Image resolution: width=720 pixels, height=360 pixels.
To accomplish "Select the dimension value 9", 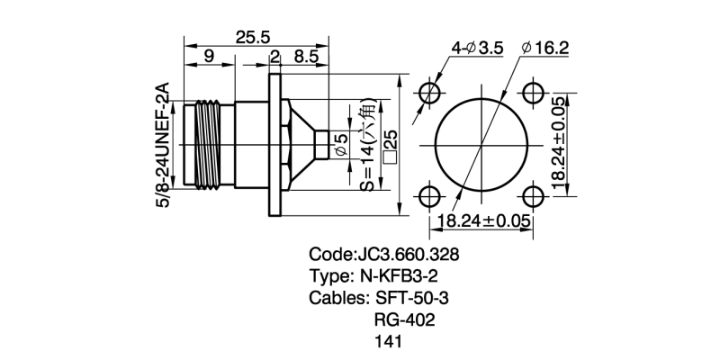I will coord(209,57).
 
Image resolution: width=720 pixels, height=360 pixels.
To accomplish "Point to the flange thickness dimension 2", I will coord(274,57).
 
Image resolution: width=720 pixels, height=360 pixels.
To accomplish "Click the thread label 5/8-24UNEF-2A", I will coord(164,145).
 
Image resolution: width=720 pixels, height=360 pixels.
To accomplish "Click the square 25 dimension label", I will coord(390,144).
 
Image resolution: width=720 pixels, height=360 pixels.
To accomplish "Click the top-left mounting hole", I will coord(430,94).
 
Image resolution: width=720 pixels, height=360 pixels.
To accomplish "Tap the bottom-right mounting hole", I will coord(533,195).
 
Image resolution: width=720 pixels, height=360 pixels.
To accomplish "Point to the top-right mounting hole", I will coord(533,94).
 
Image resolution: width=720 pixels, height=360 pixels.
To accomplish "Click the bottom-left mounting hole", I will coord(430,195).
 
